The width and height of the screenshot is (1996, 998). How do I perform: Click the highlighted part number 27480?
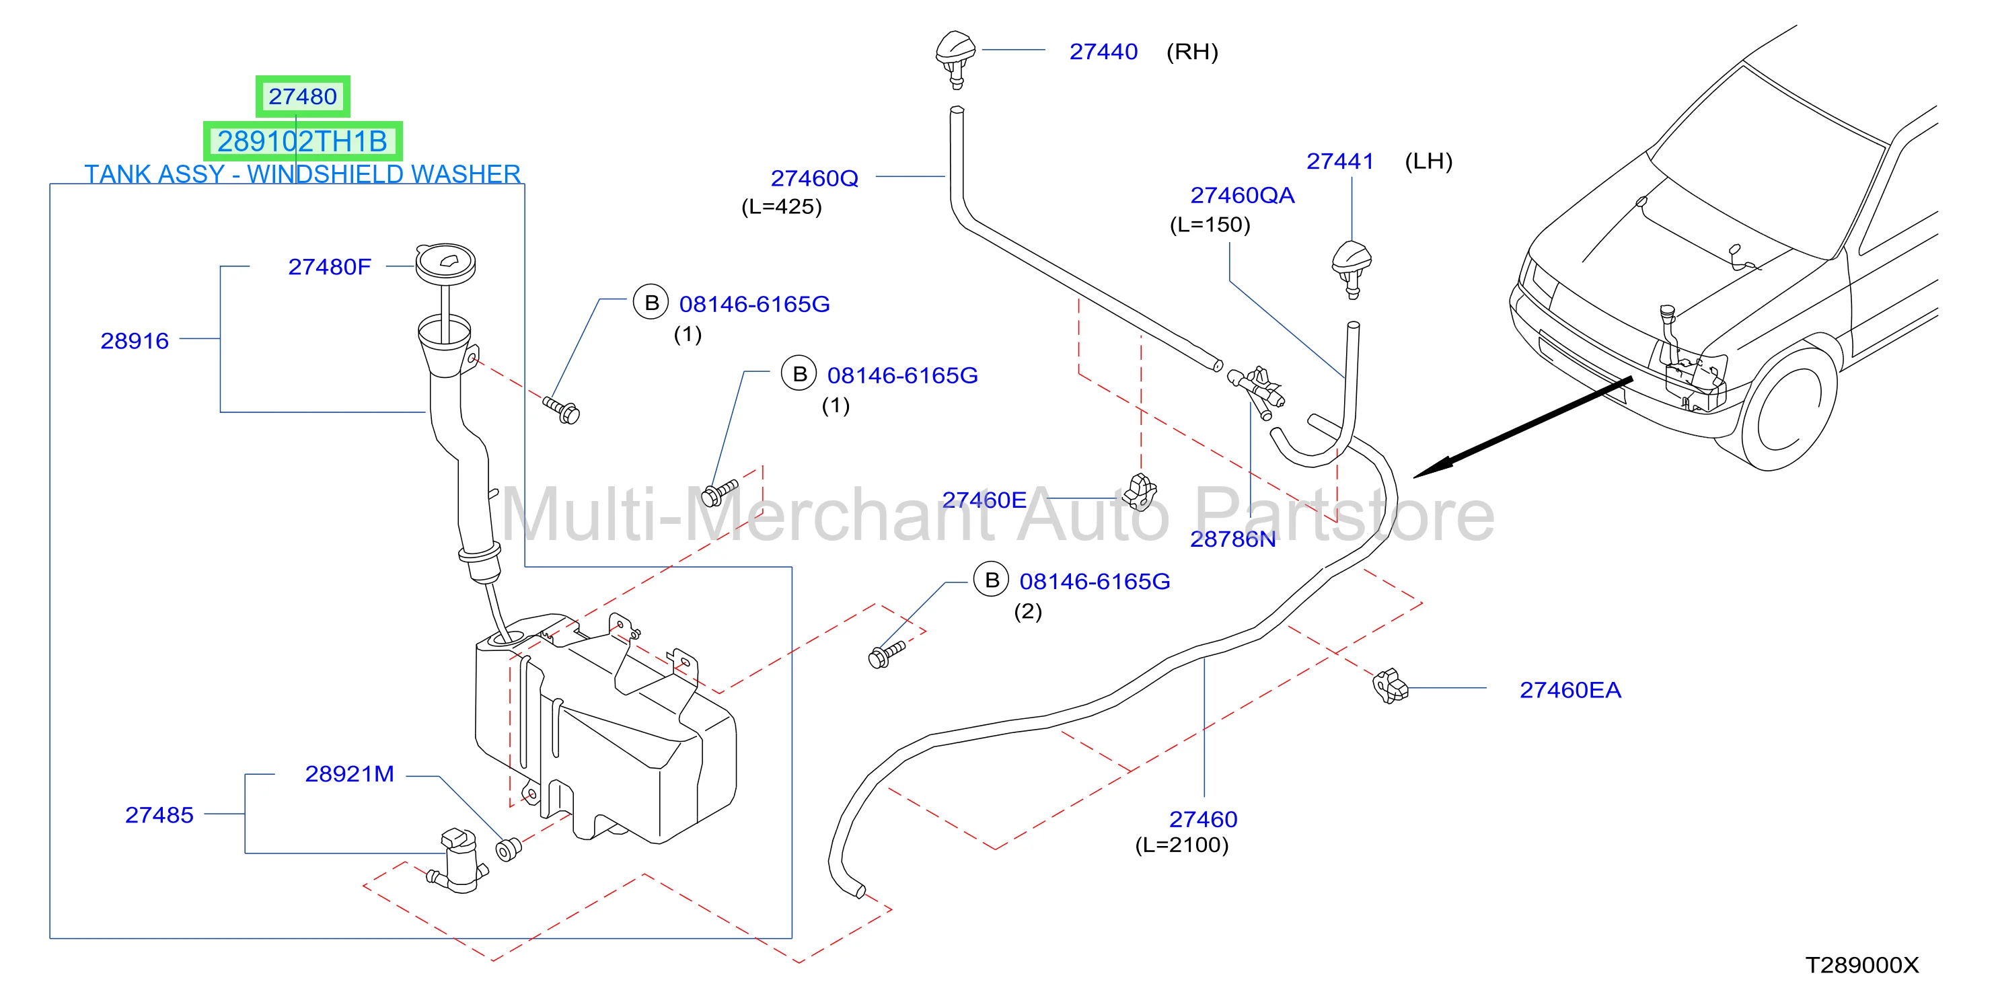tap(302, 96)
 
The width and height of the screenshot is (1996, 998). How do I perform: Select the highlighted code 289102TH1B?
tap(302, 141)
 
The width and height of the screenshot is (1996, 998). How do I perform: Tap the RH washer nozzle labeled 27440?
tap(955, 58)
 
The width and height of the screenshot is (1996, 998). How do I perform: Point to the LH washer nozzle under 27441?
tap(1352, 268)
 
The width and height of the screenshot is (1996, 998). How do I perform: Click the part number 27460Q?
tap(815, 178)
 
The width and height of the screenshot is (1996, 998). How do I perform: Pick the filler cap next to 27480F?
tap(445, 264)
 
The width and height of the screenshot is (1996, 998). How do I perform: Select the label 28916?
tap(134, 341)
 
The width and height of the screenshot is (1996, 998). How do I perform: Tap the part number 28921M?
tap(349, 774)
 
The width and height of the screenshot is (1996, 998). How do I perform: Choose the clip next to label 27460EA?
tap(1389, 687)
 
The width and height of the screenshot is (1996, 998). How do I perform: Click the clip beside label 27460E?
tap(1140, 492)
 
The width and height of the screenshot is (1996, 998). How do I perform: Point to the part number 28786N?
tap(1232, 539)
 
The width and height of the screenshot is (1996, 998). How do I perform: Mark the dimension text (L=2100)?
tap(1181, 845)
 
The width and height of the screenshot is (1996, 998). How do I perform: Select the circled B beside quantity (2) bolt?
tap(992, 580)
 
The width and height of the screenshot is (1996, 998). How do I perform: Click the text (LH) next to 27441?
tap(1428, 161)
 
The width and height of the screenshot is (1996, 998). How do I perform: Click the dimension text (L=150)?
tap(1210, 225)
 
